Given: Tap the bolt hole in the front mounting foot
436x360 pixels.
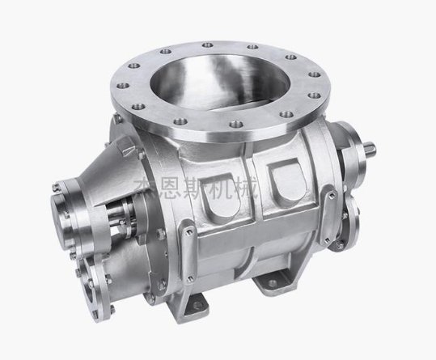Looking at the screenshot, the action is tap(197, 305).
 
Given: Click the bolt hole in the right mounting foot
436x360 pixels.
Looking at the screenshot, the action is tap(269, 283).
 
